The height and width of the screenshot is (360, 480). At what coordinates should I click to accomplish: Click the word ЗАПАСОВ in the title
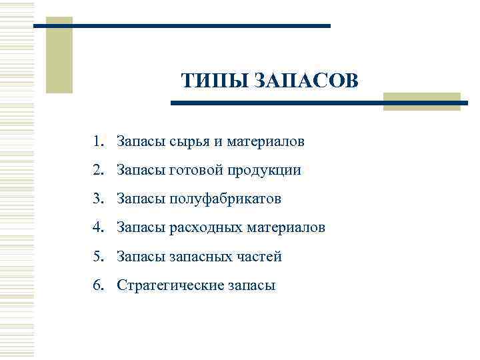[305, 81]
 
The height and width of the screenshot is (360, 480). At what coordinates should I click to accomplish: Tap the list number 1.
[98, 141]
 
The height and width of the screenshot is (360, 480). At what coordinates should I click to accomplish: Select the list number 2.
[98, 170]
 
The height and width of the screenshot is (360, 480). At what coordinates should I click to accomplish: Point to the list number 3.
[98, 199]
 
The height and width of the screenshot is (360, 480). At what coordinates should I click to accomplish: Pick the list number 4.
[98, 227]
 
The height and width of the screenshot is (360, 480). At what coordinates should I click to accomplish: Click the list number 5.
[98, 256]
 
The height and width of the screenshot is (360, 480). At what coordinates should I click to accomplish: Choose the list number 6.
[98, 285]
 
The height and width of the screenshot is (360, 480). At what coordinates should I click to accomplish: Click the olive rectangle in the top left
[59, 55]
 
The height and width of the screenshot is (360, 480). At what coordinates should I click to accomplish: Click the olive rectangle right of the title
[421, 101]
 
